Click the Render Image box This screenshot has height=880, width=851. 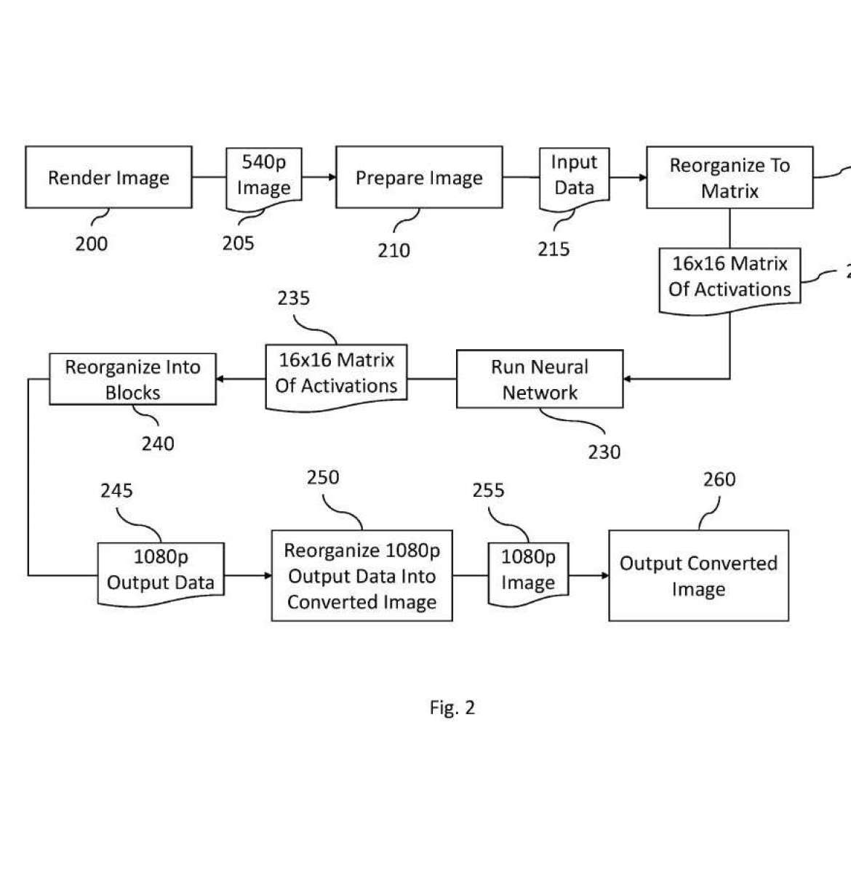[108, 177]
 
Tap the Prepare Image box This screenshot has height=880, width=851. [419, 177]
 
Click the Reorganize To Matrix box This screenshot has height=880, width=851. [730, 177]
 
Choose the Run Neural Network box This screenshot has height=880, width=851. [540, 379]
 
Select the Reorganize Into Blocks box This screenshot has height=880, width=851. [132, 379]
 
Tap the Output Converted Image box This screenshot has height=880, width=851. [698, 575]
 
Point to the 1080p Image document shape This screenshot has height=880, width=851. [528, 572]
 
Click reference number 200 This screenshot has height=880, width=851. [92, 244]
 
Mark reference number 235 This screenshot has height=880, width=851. [293, 298]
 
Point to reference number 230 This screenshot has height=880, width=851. [604, 452]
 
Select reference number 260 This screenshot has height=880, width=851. [719, 480]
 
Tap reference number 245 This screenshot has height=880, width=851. [116, 491]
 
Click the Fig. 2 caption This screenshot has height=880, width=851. [452, 708]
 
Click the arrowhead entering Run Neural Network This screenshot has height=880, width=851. [628, 379]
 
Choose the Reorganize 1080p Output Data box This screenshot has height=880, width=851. [361, 575]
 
